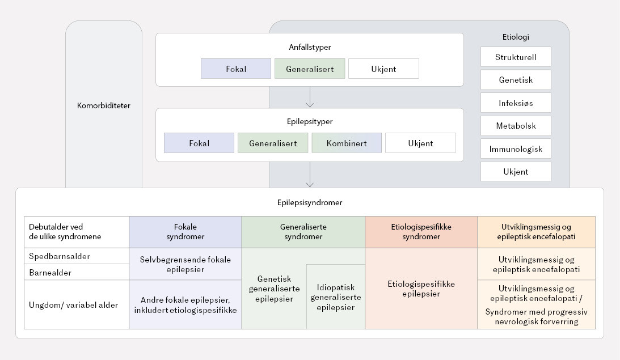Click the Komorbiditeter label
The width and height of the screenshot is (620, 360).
[104, 105]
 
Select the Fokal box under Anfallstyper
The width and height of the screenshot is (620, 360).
[236, 69]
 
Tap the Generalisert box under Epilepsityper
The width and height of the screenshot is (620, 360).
[272, 143]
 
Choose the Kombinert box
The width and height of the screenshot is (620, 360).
[346, 143]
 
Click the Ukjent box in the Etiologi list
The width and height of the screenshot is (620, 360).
[516, 172]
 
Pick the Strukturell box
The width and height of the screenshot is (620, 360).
[516, 57]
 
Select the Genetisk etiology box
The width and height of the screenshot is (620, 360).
[516, 80]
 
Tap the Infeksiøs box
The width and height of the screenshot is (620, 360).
[516, 103]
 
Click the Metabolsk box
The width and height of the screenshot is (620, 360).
[516, 126]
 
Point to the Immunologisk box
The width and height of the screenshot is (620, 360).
[516, 149]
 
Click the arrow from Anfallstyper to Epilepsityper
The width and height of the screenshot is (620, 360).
[310, 97]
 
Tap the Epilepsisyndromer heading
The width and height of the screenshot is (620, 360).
[310, 202]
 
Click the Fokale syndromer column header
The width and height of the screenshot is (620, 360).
[185, 232]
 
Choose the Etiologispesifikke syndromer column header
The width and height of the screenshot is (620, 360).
[421, 232]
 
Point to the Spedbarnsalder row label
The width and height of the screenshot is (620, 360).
[60, 256]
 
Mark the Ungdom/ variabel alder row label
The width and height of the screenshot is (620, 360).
[74, 305]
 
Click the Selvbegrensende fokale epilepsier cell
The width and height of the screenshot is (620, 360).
[185, 264]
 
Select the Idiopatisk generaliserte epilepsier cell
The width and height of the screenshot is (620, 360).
[335, 297]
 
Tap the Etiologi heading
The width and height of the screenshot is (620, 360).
[516, 37]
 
